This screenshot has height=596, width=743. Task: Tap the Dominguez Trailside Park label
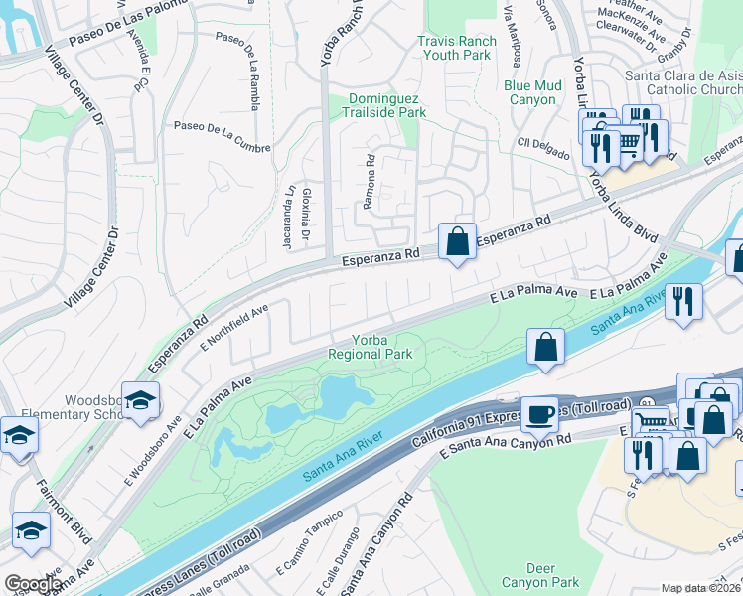(x=386, y=106)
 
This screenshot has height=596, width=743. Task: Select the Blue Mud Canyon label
(x=532, y=92)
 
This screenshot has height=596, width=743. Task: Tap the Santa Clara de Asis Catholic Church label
(x=682, y=82)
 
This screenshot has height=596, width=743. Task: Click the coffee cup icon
(x=540, y=413)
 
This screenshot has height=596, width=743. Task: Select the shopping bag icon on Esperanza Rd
(x=457, y=240)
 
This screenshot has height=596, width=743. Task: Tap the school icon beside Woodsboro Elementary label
(x=141, y=399)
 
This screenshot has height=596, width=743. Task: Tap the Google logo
(x=32, y=584)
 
